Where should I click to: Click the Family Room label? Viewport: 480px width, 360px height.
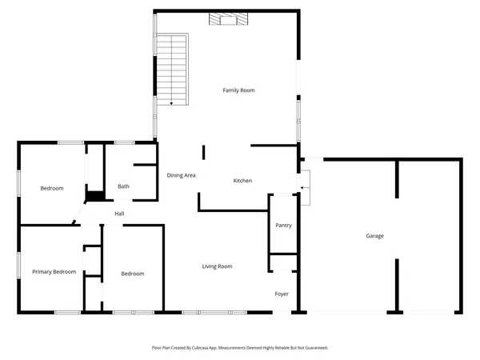[238, 90]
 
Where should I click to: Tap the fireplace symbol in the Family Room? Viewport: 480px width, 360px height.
[224, 18]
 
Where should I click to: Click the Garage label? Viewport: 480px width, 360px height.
[374, 236]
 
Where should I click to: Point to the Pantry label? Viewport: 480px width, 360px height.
[283, 226]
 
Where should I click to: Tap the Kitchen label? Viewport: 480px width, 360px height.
[242, 181]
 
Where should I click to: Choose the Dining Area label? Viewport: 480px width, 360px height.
[182, 174]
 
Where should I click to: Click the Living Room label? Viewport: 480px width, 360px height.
[217, 266]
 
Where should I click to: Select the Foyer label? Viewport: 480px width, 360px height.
[282, 294]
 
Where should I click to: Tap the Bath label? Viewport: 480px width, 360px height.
[123, 186]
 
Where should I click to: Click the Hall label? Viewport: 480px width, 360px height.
[119, 214]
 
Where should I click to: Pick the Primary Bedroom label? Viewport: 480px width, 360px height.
[54, 272]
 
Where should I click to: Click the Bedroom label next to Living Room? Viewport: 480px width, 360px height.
[132, 274]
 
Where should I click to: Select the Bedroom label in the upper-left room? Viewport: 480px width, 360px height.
[52, 188]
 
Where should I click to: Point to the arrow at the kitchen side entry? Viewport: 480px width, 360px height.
[302, 188]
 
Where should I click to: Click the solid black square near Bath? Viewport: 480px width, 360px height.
[94, 195]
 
